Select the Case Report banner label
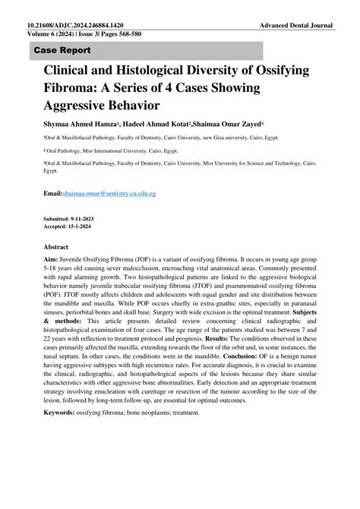[62, 50]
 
